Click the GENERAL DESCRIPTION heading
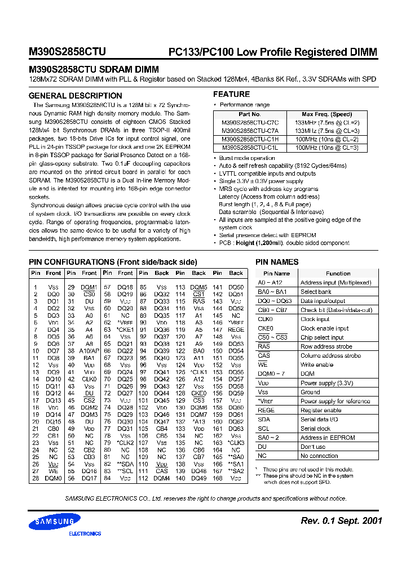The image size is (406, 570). click(75, 96)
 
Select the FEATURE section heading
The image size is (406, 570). click(231, 94)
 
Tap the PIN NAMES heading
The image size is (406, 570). click(277, 262)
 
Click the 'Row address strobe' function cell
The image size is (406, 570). click(326, 346)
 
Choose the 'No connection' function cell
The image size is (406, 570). click(319, 456)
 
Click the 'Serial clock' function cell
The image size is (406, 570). click(316, 429)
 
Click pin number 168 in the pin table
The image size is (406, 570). click(218, 478)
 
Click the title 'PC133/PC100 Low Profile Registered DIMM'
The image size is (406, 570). click(273, 52)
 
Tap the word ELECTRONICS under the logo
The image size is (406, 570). click(85, 533)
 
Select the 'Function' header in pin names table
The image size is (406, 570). click(338, 273)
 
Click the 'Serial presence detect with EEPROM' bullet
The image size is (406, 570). click(267, 235)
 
